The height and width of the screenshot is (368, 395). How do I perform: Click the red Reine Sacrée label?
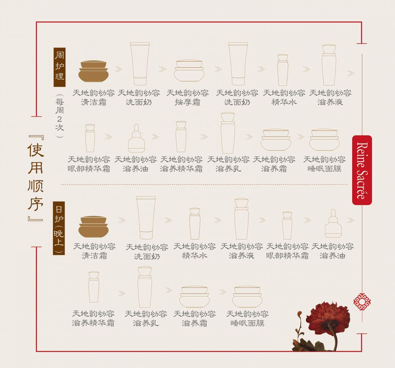click(x=362, y=170)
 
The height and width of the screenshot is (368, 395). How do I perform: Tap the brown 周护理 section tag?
click(x=59, y=67)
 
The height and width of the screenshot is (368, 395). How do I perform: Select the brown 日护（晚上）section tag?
click(x=59, y=228)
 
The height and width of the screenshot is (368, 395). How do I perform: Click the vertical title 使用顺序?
click(x=36, y=178)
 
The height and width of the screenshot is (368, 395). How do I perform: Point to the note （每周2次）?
click(x=59, y=115)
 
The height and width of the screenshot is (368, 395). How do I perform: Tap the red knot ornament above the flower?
click(x=362, y=302)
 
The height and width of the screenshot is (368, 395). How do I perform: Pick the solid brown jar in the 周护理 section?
click(x=93, y=71)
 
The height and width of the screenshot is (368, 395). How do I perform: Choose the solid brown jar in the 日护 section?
click(x=93, y=227)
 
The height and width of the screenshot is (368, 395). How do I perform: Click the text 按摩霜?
click(x=188, y=102)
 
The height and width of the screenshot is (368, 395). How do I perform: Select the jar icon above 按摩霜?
click(x=189, y=71)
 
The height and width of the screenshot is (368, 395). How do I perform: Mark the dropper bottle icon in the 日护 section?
click(x=333, y=224)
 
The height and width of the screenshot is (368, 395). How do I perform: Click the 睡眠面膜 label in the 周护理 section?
click(x=325, y=169)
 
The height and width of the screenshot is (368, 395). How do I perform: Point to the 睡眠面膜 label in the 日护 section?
click(x=247, y=323)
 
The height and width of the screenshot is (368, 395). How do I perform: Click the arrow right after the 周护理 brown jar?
click(x=118, y=69)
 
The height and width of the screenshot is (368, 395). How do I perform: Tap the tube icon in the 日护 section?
click(x=146, y=218)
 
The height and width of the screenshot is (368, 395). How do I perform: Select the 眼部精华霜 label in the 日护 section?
click(x=287, y=255)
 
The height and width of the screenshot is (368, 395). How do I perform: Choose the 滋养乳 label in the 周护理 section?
click(x=228, y=169)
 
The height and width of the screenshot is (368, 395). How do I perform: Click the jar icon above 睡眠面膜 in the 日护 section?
click(x=247, y=297)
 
